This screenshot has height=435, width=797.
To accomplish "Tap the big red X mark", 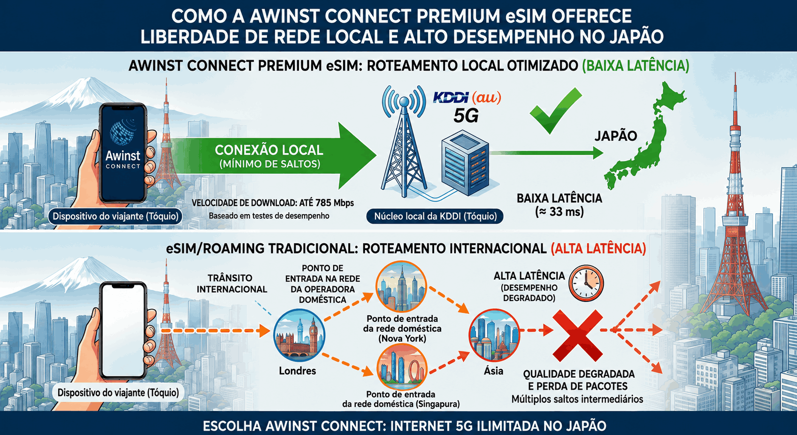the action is point(577,335).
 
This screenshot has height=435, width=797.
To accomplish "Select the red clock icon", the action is point(586,283).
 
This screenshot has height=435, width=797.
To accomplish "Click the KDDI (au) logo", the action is point(467,97).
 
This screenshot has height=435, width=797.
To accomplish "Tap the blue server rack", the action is point(465,163).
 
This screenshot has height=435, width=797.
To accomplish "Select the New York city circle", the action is point(401,287).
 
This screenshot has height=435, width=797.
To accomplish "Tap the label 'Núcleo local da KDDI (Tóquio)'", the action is point(435,216).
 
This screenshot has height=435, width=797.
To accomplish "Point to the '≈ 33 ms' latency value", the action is point(559,212).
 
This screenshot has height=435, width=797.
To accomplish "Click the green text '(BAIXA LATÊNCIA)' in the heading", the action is point(636,66).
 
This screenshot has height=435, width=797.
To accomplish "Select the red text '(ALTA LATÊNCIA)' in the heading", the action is point(598,249).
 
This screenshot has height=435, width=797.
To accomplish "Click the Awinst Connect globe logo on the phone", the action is point(123,131).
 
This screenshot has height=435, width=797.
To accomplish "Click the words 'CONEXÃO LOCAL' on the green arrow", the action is point(269,150).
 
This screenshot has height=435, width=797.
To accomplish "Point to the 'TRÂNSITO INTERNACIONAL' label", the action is point(232,283).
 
